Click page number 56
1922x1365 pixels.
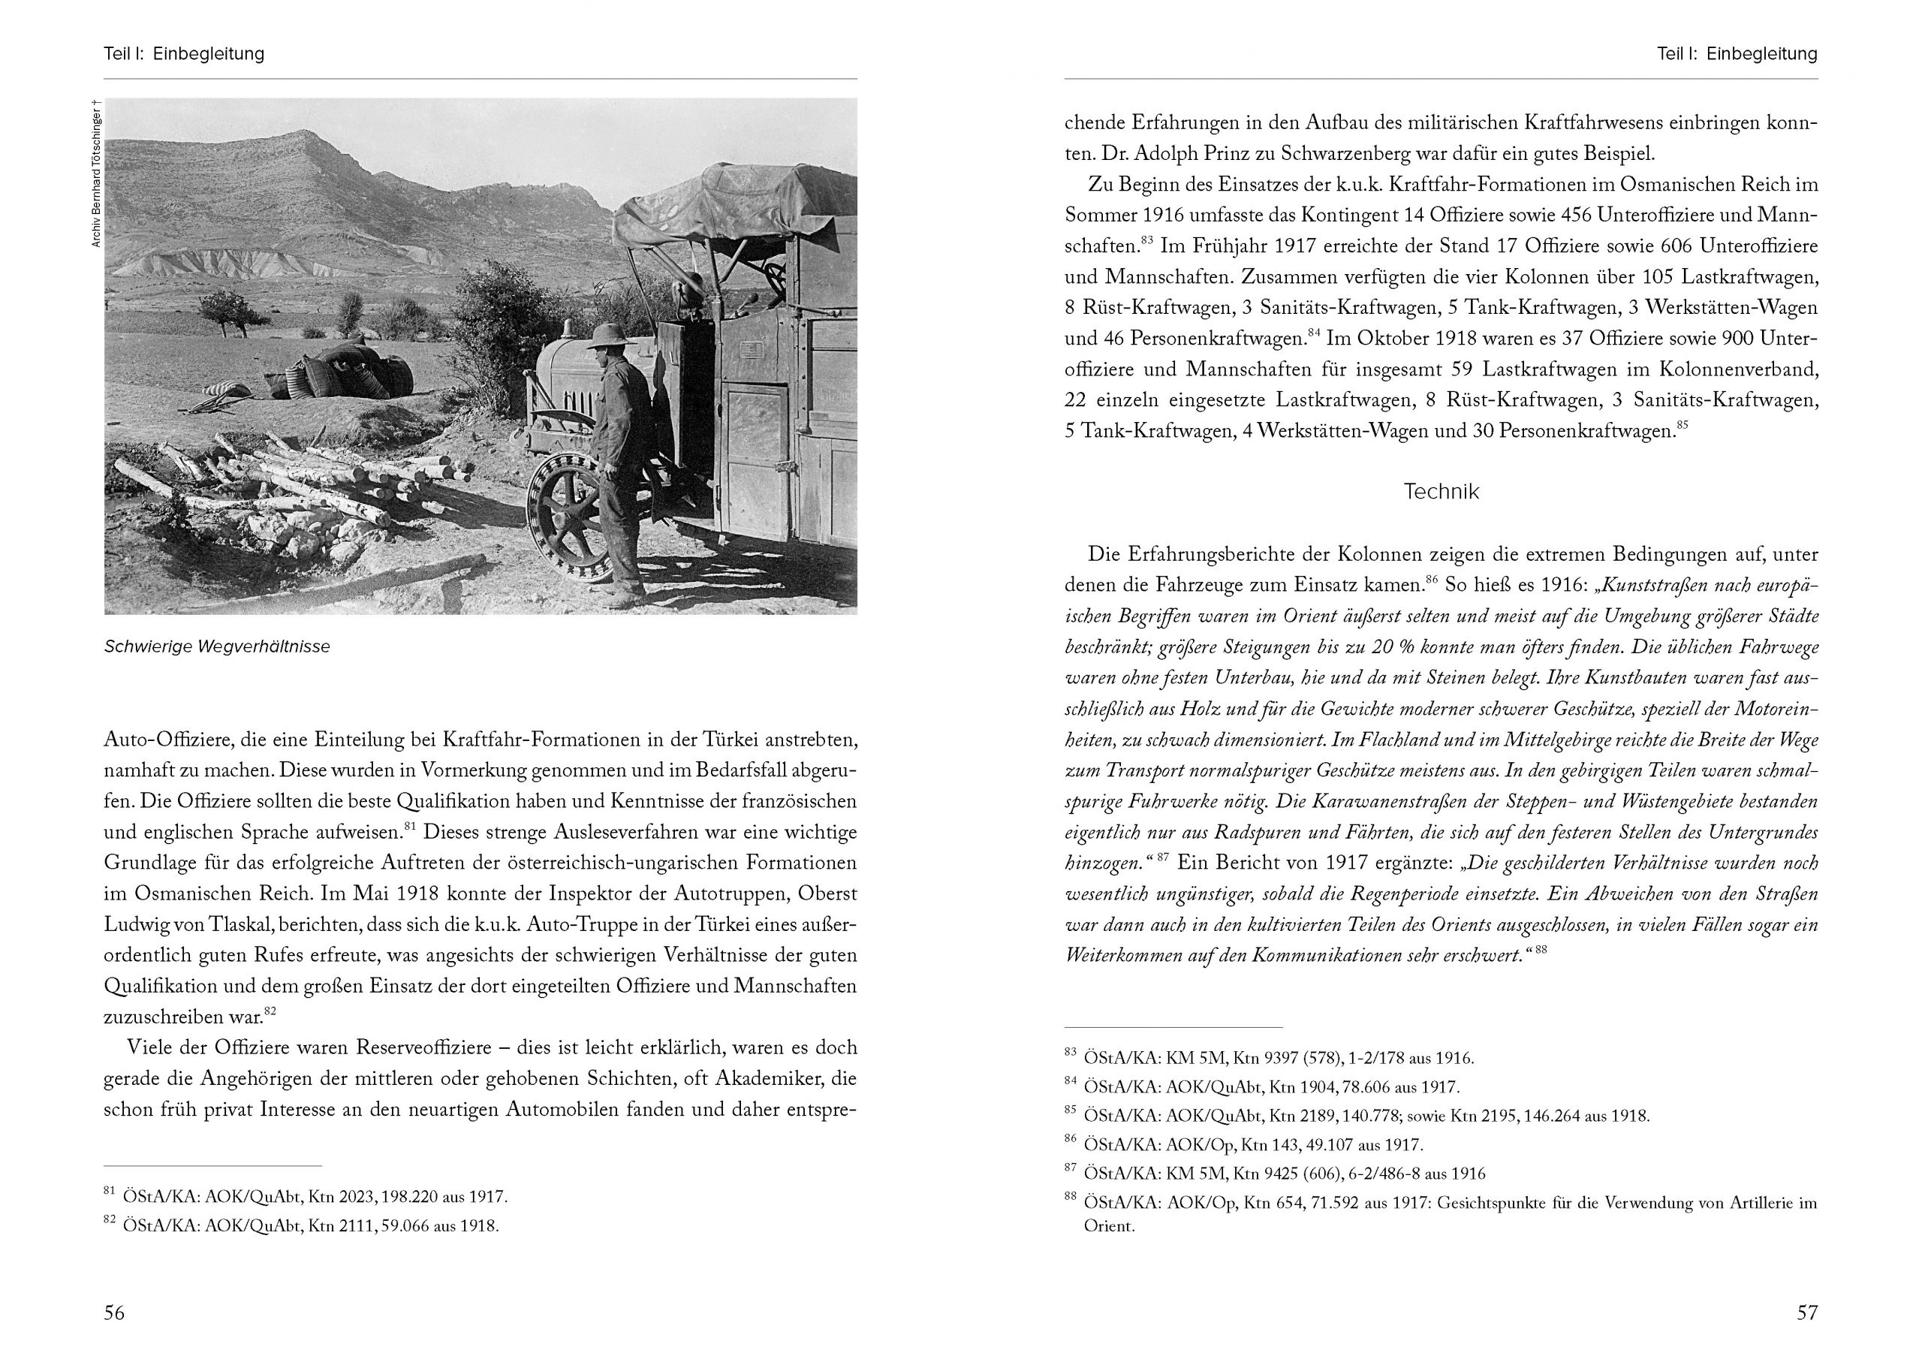click(114, 1312)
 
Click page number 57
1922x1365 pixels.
click(1807, 1312)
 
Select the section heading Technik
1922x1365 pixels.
click(1441, 492)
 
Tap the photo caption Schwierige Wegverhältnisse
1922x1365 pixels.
click(217, 646)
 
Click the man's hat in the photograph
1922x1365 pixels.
click(611, 336)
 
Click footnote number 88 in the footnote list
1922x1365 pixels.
click(1070, 1196)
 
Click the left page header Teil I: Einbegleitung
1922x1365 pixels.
click(184, 54)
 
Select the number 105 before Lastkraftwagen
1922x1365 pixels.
click(1649, 276)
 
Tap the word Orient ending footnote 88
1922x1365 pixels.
click(1108, 1225)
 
